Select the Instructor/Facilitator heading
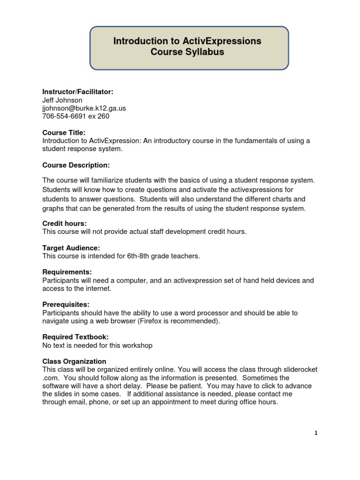click(x=78, y=92)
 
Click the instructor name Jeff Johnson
click(x=62, y=100)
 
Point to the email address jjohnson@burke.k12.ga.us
click(x=84, y=108)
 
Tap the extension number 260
click(x=103, y=116)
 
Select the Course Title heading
click(x=64, y=133)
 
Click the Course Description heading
click(x=76, y=165)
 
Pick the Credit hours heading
click(x=64, y=224)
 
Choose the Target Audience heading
click(x=71, y=248)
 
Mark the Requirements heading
click(x=67, y=272)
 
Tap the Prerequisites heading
click(x=66, y=305)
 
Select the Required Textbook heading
click(x=75, y=337)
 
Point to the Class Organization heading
click(x=74, y=361)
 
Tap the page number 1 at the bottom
click(x=316, y=433)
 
